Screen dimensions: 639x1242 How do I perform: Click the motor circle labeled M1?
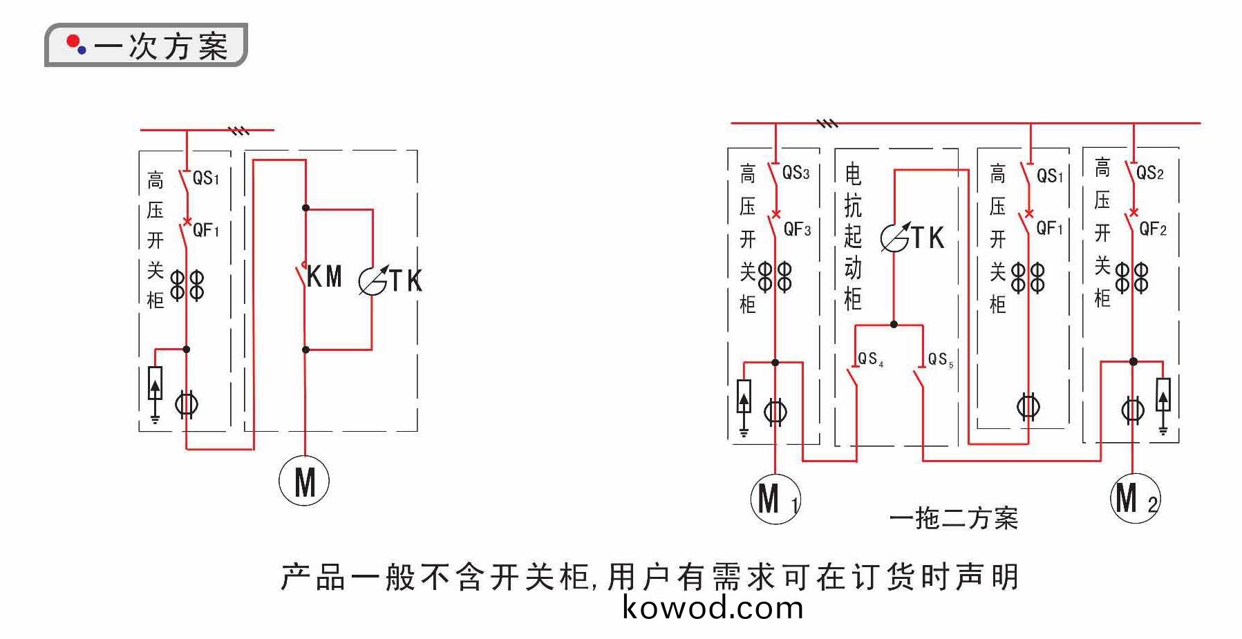click(x=775, y=498)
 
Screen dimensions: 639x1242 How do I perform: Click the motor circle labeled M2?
click(x=1135, y=498)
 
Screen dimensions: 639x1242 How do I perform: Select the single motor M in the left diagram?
click(x=304, y=481)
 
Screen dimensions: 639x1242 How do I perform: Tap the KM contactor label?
click(x=324, y=277)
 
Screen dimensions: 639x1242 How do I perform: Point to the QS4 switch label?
click(x=870, y=359)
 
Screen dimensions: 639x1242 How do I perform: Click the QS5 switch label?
click(x=940, y=359)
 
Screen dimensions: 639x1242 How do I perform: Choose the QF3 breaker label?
click(x=797, y=229)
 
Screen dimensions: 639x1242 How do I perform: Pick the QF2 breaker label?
click(x=1153, y=229)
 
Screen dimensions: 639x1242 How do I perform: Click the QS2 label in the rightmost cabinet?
click(x=1150, y=173)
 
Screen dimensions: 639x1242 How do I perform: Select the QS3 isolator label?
click(x=796, y=173)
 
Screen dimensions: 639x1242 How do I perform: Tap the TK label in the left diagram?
click(x=406, y=281)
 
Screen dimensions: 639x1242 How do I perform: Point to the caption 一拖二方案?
click(x=953, y=518)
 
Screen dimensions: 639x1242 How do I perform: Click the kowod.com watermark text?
click(x=713, y=608)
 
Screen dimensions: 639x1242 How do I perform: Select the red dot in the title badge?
click(x=72, y=42)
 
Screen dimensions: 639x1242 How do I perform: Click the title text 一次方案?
click(x=161, y=46)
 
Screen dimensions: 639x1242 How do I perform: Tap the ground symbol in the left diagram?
click(x=156, y=418)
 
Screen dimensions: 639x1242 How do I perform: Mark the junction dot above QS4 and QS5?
click(x=894, y=324)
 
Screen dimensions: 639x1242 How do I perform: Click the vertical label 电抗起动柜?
click(x=854, y=236)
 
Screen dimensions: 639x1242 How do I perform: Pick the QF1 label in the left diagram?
click(x=206, y=230)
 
